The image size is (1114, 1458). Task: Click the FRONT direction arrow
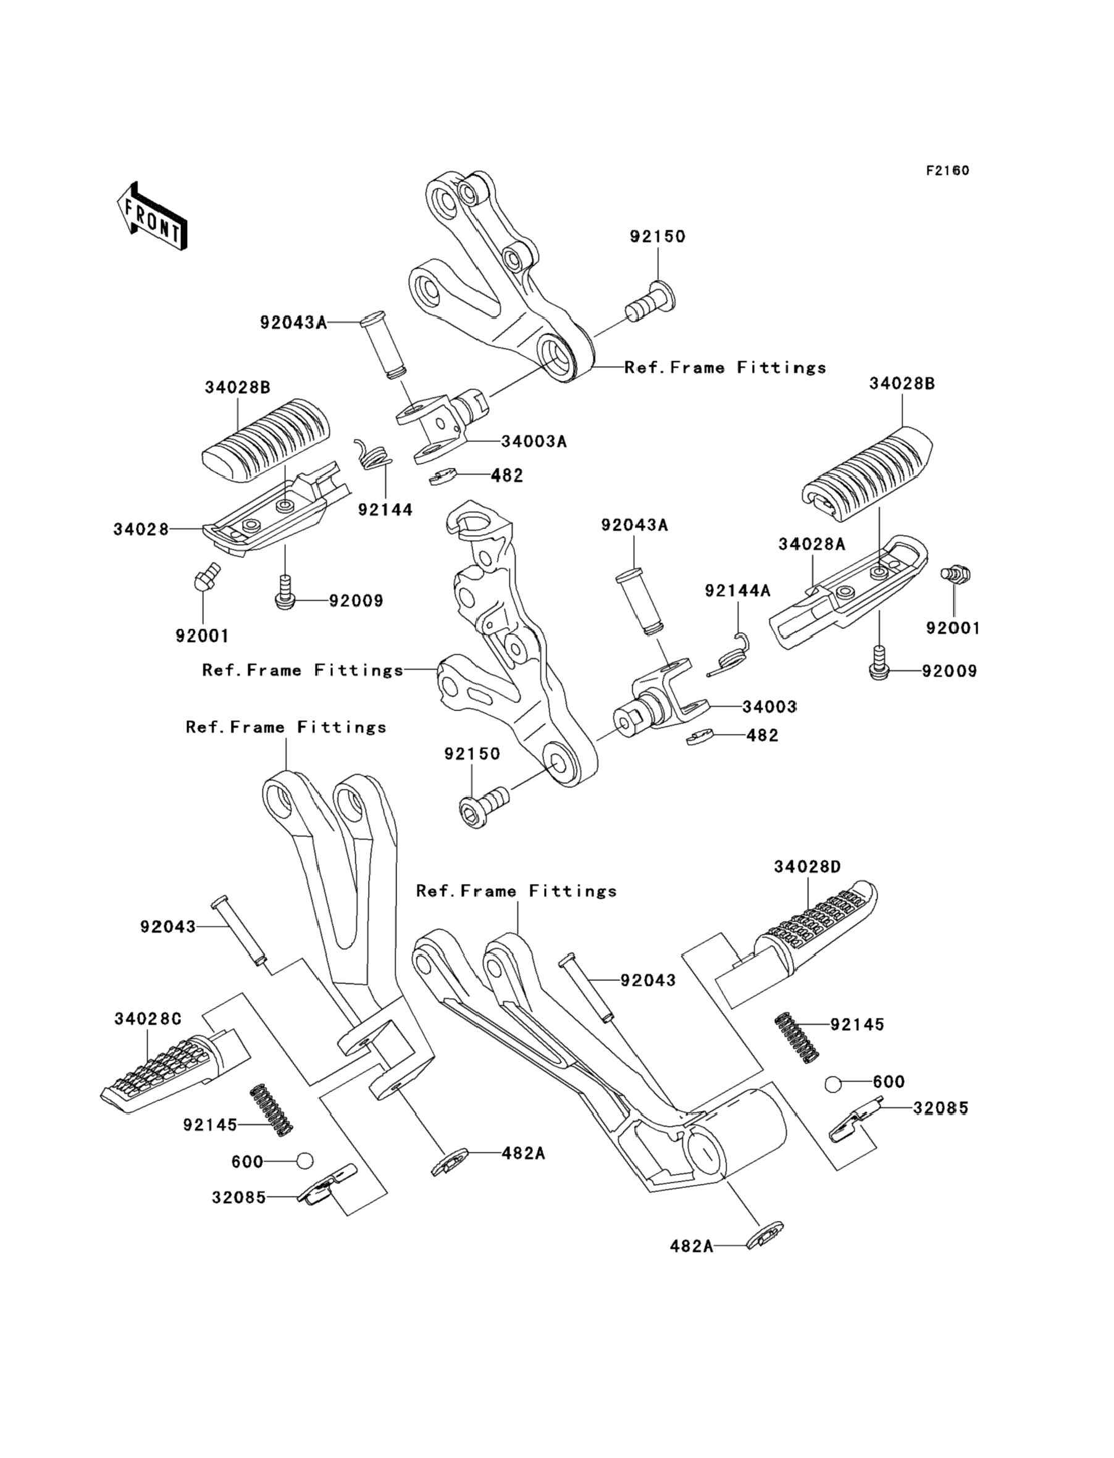152,217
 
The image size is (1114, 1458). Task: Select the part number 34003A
534,441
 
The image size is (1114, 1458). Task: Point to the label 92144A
737,591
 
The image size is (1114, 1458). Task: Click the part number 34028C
147,1019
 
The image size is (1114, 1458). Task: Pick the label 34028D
807,867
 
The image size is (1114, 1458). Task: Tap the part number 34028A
811,544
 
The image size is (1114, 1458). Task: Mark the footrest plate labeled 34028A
848,592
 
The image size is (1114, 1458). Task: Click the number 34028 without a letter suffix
141,530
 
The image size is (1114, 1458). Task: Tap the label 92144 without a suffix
385,510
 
